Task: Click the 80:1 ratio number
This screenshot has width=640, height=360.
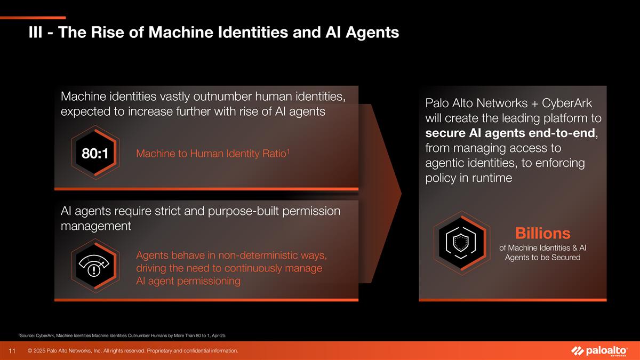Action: (x=95, y=154)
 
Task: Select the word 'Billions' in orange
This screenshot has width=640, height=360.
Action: (x=542, y=233)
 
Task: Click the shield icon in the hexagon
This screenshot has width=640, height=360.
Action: (x=462, y=241)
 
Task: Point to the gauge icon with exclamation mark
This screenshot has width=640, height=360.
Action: (x=94, y=265)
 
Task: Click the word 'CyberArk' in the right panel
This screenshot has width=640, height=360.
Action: (x=566, y=102)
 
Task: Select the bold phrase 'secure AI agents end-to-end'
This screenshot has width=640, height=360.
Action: (x=510, y=133)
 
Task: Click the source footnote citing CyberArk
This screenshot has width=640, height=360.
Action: (x=123, y=335)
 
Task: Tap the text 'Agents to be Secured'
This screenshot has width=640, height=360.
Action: (x=542, y=258)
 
